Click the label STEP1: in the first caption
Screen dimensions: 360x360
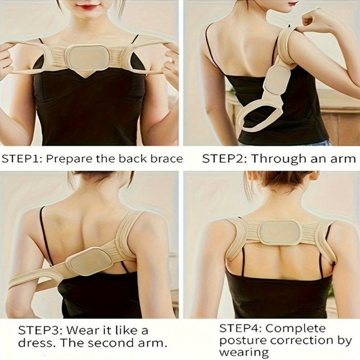tap(22, 158)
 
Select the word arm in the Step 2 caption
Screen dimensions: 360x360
tap(343, 159)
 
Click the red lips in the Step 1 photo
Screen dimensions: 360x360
tap(87, 6)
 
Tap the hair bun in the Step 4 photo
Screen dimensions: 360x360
tap(277, 178)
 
